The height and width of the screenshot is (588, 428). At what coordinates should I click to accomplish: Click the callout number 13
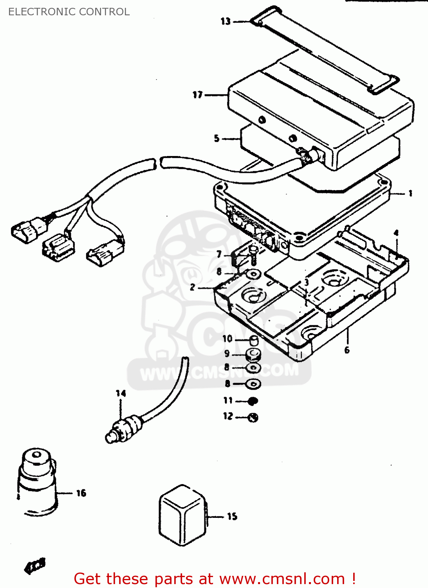[x=226, y=21]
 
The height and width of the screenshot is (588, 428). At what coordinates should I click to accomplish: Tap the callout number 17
[x=197, y=95]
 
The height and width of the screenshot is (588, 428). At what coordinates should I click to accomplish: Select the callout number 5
[x=217, y=138]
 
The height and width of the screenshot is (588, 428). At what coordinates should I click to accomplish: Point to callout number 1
[x=410, y=193]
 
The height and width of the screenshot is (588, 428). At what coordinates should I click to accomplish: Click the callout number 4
[x=396, y=233]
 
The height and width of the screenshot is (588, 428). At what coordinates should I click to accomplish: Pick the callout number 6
[x=347, y=350]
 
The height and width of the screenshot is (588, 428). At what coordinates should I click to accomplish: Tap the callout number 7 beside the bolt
[x=219, y=254]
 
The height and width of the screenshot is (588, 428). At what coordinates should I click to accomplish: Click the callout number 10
[x=228, y=339]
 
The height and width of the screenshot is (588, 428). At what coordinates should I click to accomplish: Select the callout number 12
[x=228, y=416]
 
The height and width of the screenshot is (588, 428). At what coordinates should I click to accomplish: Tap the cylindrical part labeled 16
[x=37, y=482]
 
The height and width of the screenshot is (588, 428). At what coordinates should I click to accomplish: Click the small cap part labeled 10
[x=254, y=340]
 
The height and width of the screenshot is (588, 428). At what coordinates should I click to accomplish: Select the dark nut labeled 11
[x=253, y=401]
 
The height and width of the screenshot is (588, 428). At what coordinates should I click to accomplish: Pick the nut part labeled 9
[x=253, y=355]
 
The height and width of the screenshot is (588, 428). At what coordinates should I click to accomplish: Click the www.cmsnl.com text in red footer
[x=282, y=579]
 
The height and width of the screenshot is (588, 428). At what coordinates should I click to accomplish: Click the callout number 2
[x=192, y=287]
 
